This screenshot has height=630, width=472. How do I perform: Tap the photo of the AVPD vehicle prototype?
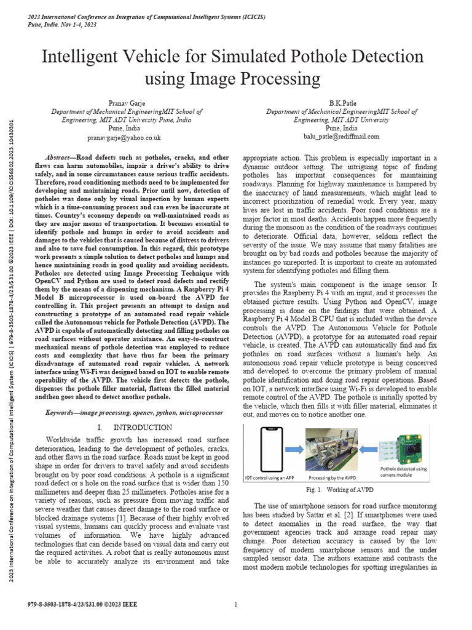point(332,453)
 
